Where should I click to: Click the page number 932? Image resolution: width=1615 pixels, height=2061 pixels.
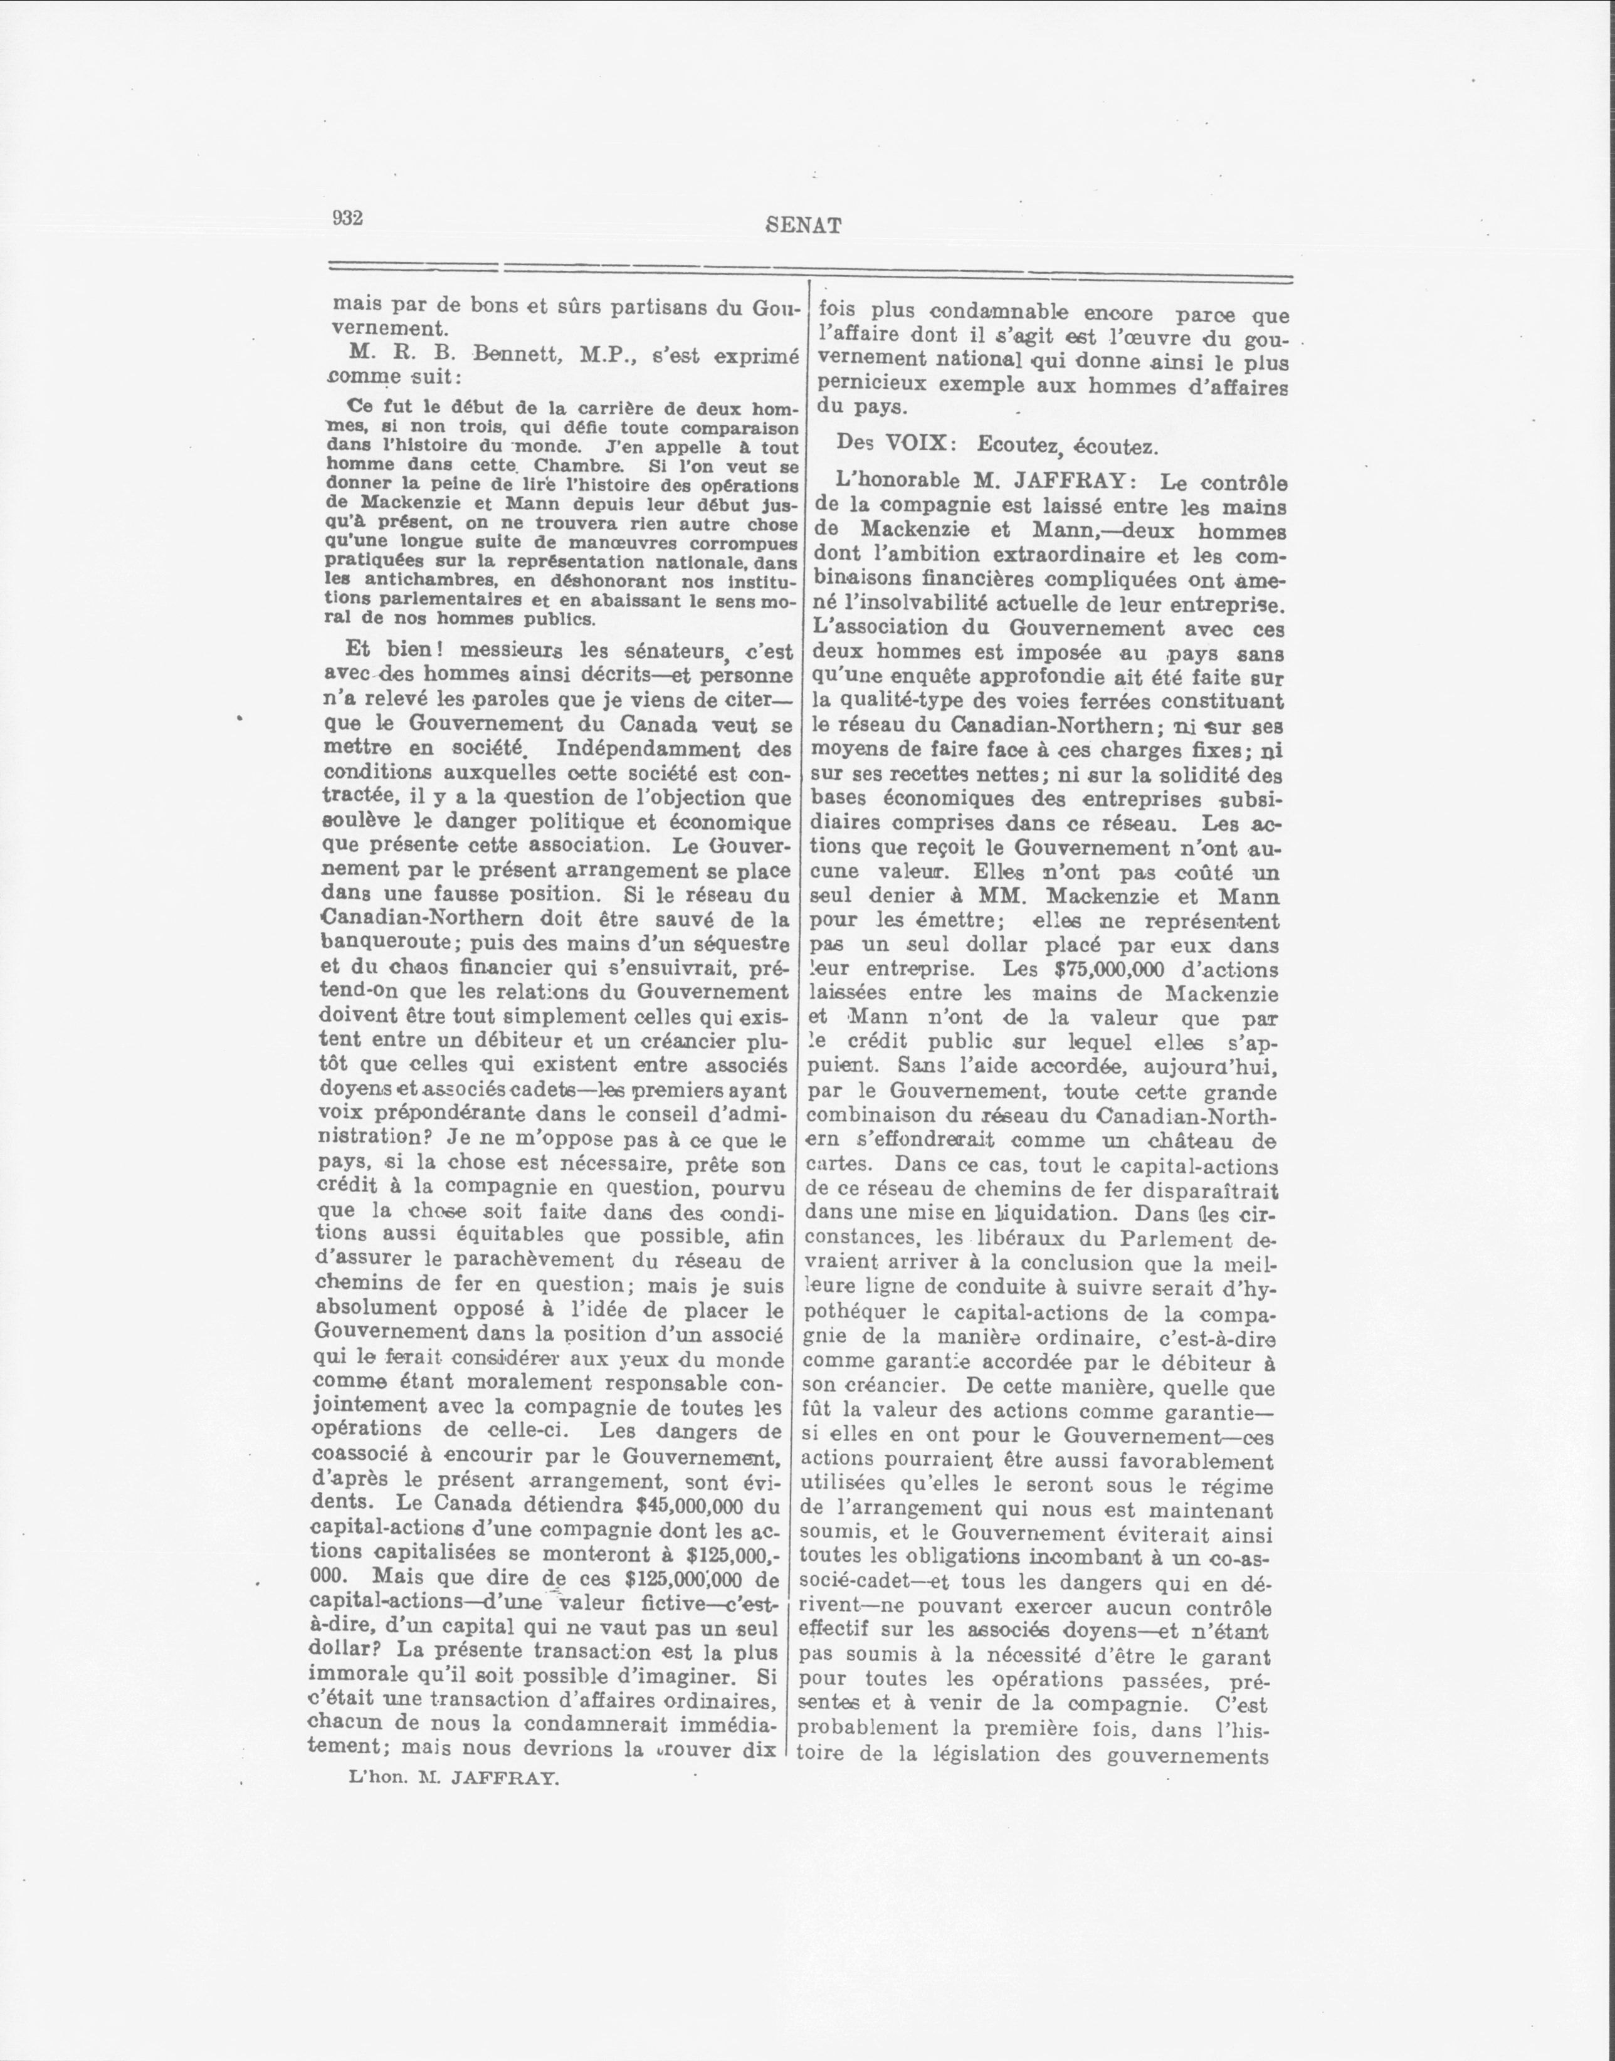pyautogui.click(x=347, y=218)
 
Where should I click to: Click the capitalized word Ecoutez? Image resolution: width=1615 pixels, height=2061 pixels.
pyautogui.click(x=1018, y=443)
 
